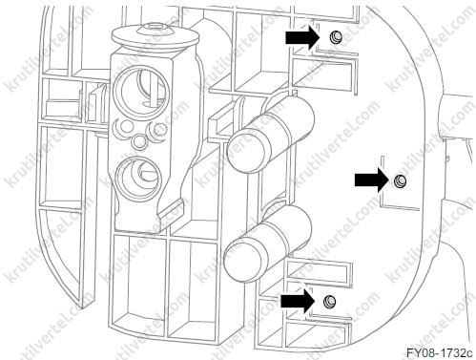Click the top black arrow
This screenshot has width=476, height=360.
pos(302,38)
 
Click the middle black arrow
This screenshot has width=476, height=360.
pos(372,180)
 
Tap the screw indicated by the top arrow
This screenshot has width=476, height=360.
pos(335,37)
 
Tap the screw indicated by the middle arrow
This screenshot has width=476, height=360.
pos(401,181)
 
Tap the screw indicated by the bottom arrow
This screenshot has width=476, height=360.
pos(329,301)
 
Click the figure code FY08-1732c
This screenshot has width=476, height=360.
pos(440,352)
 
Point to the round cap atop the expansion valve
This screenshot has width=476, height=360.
pos(155,36)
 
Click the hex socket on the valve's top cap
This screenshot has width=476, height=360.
pos(155,27)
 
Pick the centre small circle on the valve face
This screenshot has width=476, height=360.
pos(139,140)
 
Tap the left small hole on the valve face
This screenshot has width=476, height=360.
pos(127,126)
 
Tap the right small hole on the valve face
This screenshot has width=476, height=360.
pos(159,129)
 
